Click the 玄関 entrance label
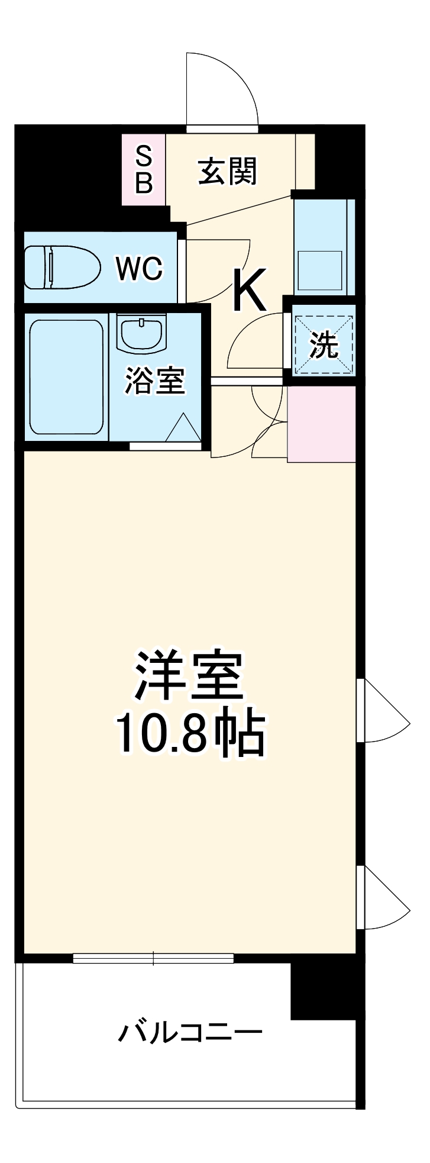tap(227, 171)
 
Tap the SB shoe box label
tap(144, 170)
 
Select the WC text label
tap(139, 269)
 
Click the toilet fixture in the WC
tap(62, 267)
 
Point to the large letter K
tap(249, 290)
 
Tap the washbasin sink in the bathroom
tap(142, 333)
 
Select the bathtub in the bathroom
tap(66, 377)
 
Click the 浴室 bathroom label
tap(155, 381)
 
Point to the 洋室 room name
tap(190, 675)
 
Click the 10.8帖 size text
tap(190, 734)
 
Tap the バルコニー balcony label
tap(190, 1033)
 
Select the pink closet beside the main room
tap(321, 424)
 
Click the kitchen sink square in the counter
tap(319, 270)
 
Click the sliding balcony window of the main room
tap(153, 958)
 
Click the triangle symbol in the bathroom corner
tap(183, 428)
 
